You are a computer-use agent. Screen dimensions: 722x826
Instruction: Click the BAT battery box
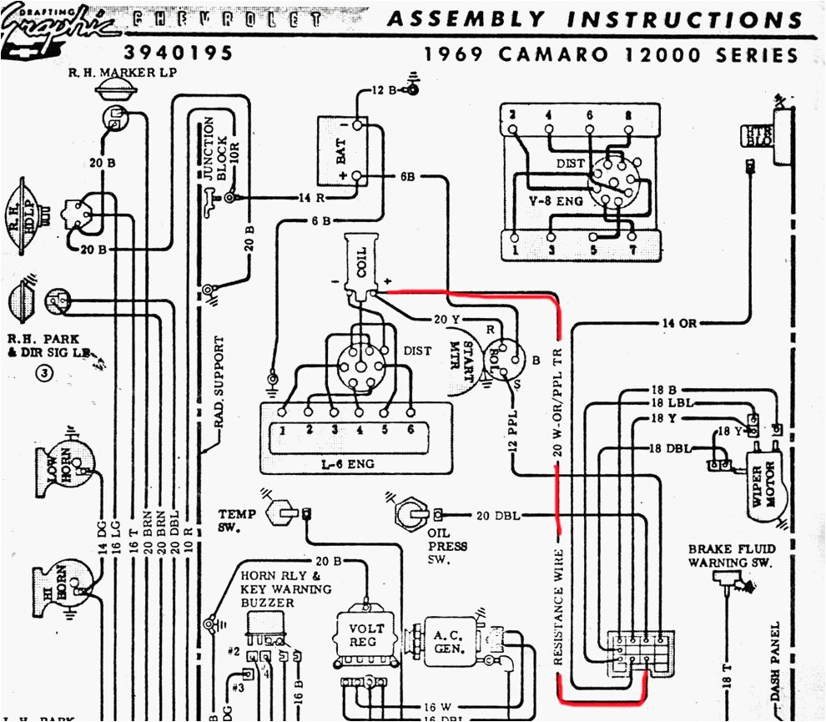click(x=341, y=151)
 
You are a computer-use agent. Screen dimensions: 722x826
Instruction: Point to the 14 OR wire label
click(x=677, y=323)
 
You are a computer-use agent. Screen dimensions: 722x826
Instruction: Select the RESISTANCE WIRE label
click(x=558, y=606)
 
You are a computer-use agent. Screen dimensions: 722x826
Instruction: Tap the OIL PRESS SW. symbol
click(x=410, y=512)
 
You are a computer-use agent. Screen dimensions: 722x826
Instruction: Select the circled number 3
click(x=43, y=372)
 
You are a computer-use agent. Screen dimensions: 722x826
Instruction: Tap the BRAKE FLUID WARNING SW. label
click(x=731, y=556)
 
